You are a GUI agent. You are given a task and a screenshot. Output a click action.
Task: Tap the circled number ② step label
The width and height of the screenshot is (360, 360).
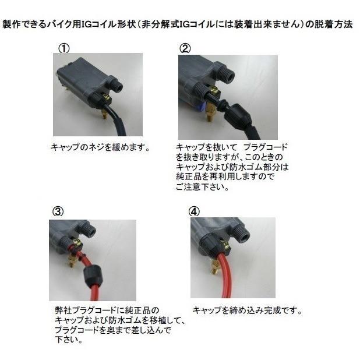(x=186, y=48)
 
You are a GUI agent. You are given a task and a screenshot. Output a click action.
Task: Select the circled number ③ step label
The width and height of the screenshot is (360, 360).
(x=57, y=211)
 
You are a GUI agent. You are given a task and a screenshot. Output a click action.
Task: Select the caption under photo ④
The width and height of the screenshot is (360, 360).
(x=247, y=310)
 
